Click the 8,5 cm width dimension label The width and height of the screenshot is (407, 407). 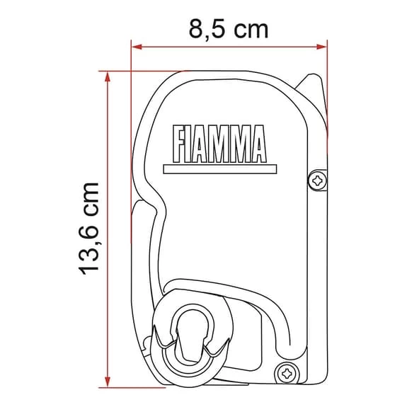coord(229,30)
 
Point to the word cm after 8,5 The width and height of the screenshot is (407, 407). coord(251,30)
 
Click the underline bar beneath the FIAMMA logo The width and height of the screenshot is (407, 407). coord(215,169)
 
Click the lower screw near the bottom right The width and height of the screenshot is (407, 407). coord(287,370)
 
